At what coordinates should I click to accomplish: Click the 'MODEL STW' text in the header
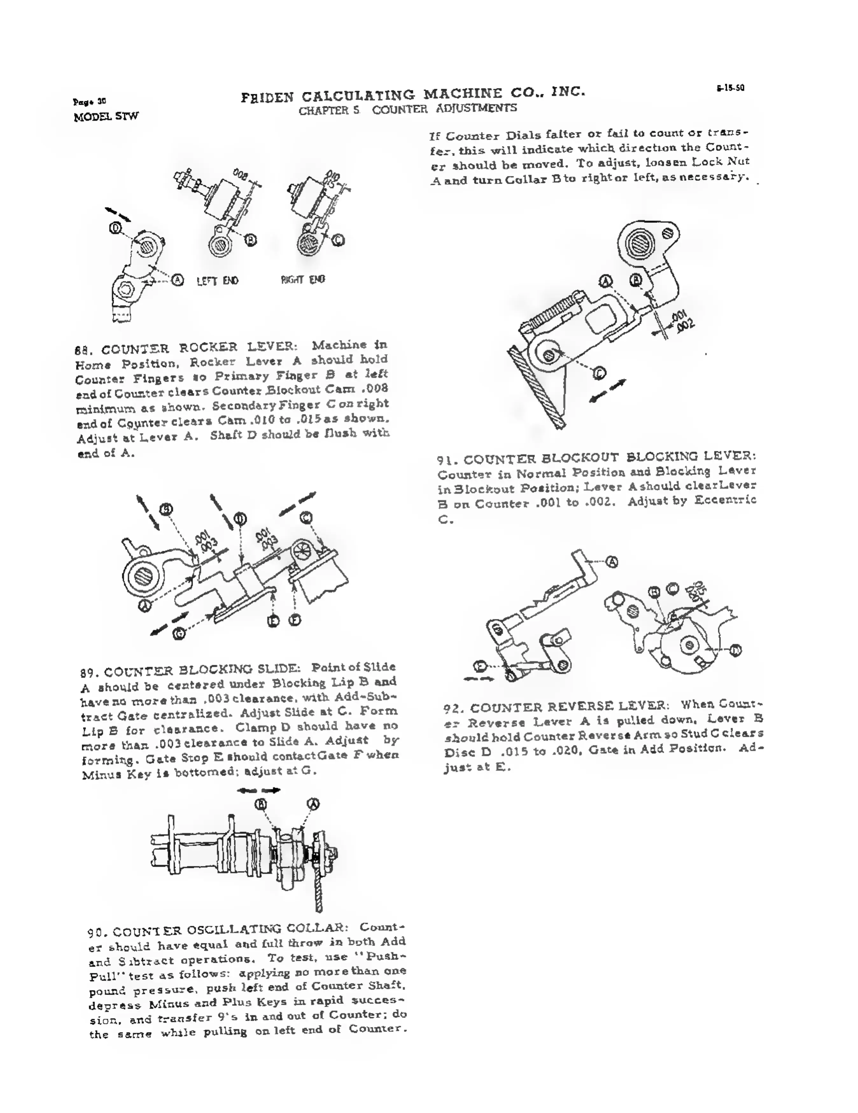point(106,117)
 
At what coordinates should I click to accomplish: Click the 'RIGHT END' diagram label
point(303,279)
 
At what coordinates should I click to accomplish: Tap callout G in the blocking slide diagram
point(179,634)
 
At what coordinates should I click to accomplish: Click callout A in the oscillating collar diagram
point(313,804)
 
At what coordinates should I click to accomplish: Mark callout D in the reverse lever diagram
point(735,650)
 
